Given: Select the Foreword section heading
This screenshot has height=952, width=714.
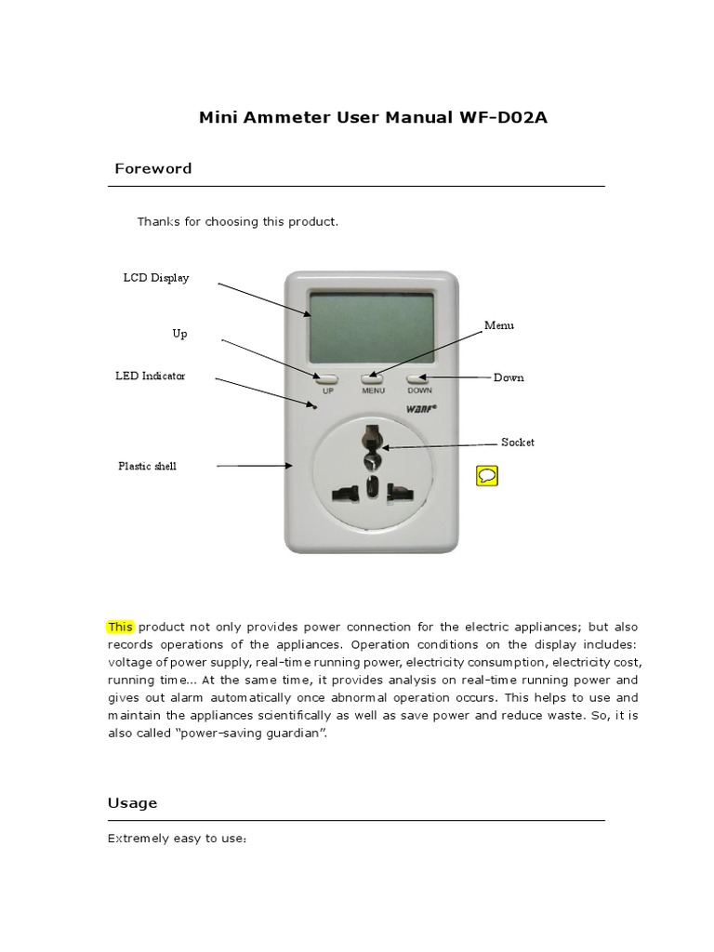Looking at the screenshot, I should tap(152, 168).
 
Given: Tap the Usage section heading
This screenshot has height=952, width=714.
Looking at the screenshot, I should tap(132, 802).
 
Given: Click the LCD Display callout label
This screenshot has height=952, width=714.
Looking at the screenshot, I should tap(156, 278).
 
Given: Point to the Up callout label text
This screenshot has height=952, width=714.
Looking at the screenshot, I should tap(179, 332).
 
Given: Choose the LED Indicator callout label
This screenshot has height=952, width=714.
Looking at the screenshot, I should tap(150, 376).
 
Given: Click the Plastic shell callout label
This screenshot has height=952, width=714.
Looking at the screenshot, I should tap(147, 466).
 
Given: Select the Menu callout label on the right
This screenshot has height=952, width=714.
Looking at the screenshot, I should tap(498, 325).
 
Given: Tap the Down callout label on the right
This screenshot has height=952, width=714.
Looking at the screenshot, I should tap(509, 377).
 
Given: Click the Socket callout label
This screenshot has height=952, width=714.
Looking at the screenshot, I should tap(518, 443).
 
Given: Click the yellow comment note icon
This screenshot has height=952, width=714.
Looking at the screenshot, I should tap(486, 476).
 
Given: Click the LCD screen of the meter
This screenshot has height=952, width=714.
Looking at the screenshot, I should tap(371, 326).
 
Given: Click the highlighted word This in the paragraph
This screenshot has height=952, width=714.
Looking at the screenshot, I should tap(121, 627).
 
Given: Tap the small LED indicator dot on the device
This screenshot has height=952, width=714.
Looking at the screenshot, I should tap(314, 405).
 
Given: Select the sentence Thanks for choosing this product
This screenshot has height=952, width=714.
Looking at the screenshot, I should tap(238, 222).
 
